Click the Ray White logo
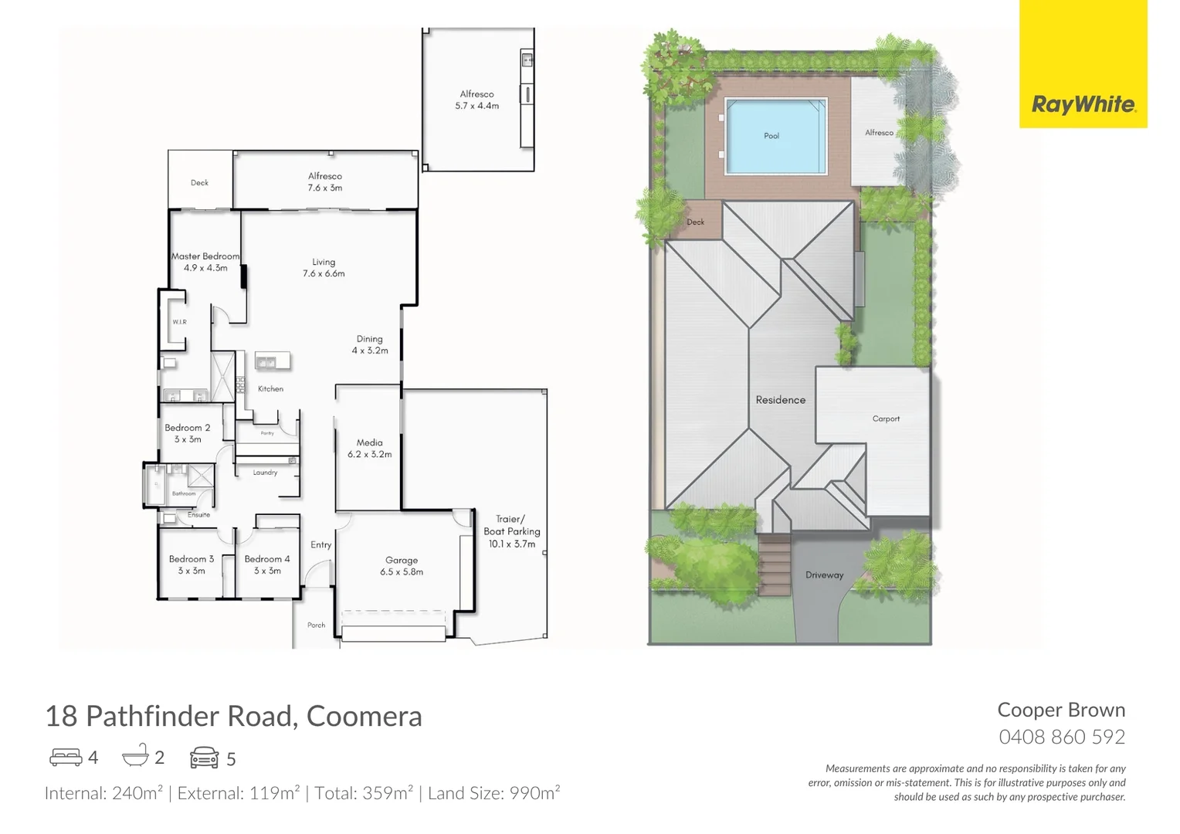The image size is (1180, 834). tap(1083, 104)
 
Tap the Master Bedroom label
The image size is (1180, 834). tap(205, 256)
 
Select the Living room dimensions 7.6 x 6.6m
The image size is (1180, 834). tap(324, 273)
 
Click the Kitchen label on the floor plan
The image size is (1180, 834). tap(270, 389)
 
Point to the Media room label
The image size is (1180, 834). tap(369, 442)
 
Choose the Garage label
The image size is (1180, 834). tap(402, 561)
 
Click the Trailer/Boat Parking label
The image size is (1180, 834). tap(511, 525)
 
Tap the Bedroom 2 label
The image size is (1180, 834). tap(187, 428)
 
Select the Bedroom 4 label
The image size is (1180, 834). tap(267, 559)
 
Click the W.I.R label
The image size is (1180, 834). tap(179, 322)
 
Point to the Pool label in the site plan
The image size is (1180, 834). tap(771, 136)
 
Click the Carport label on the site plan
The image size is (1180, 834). tap(886, 419)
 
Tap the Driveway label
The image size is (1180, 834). tap(824, 575)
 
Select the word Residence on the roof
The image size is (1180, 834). tap(780, 400)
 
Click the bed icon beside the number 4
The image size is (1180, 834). tap(66, 758)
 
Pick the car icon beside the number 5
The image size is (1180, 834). tap(204, 758)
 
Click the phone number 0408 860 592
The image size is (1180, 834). tap(1062, 737)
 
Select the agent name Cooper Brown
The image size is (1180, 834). tap(1061, 710)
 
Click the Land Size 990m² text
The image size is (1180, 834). tap(493, 793)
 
